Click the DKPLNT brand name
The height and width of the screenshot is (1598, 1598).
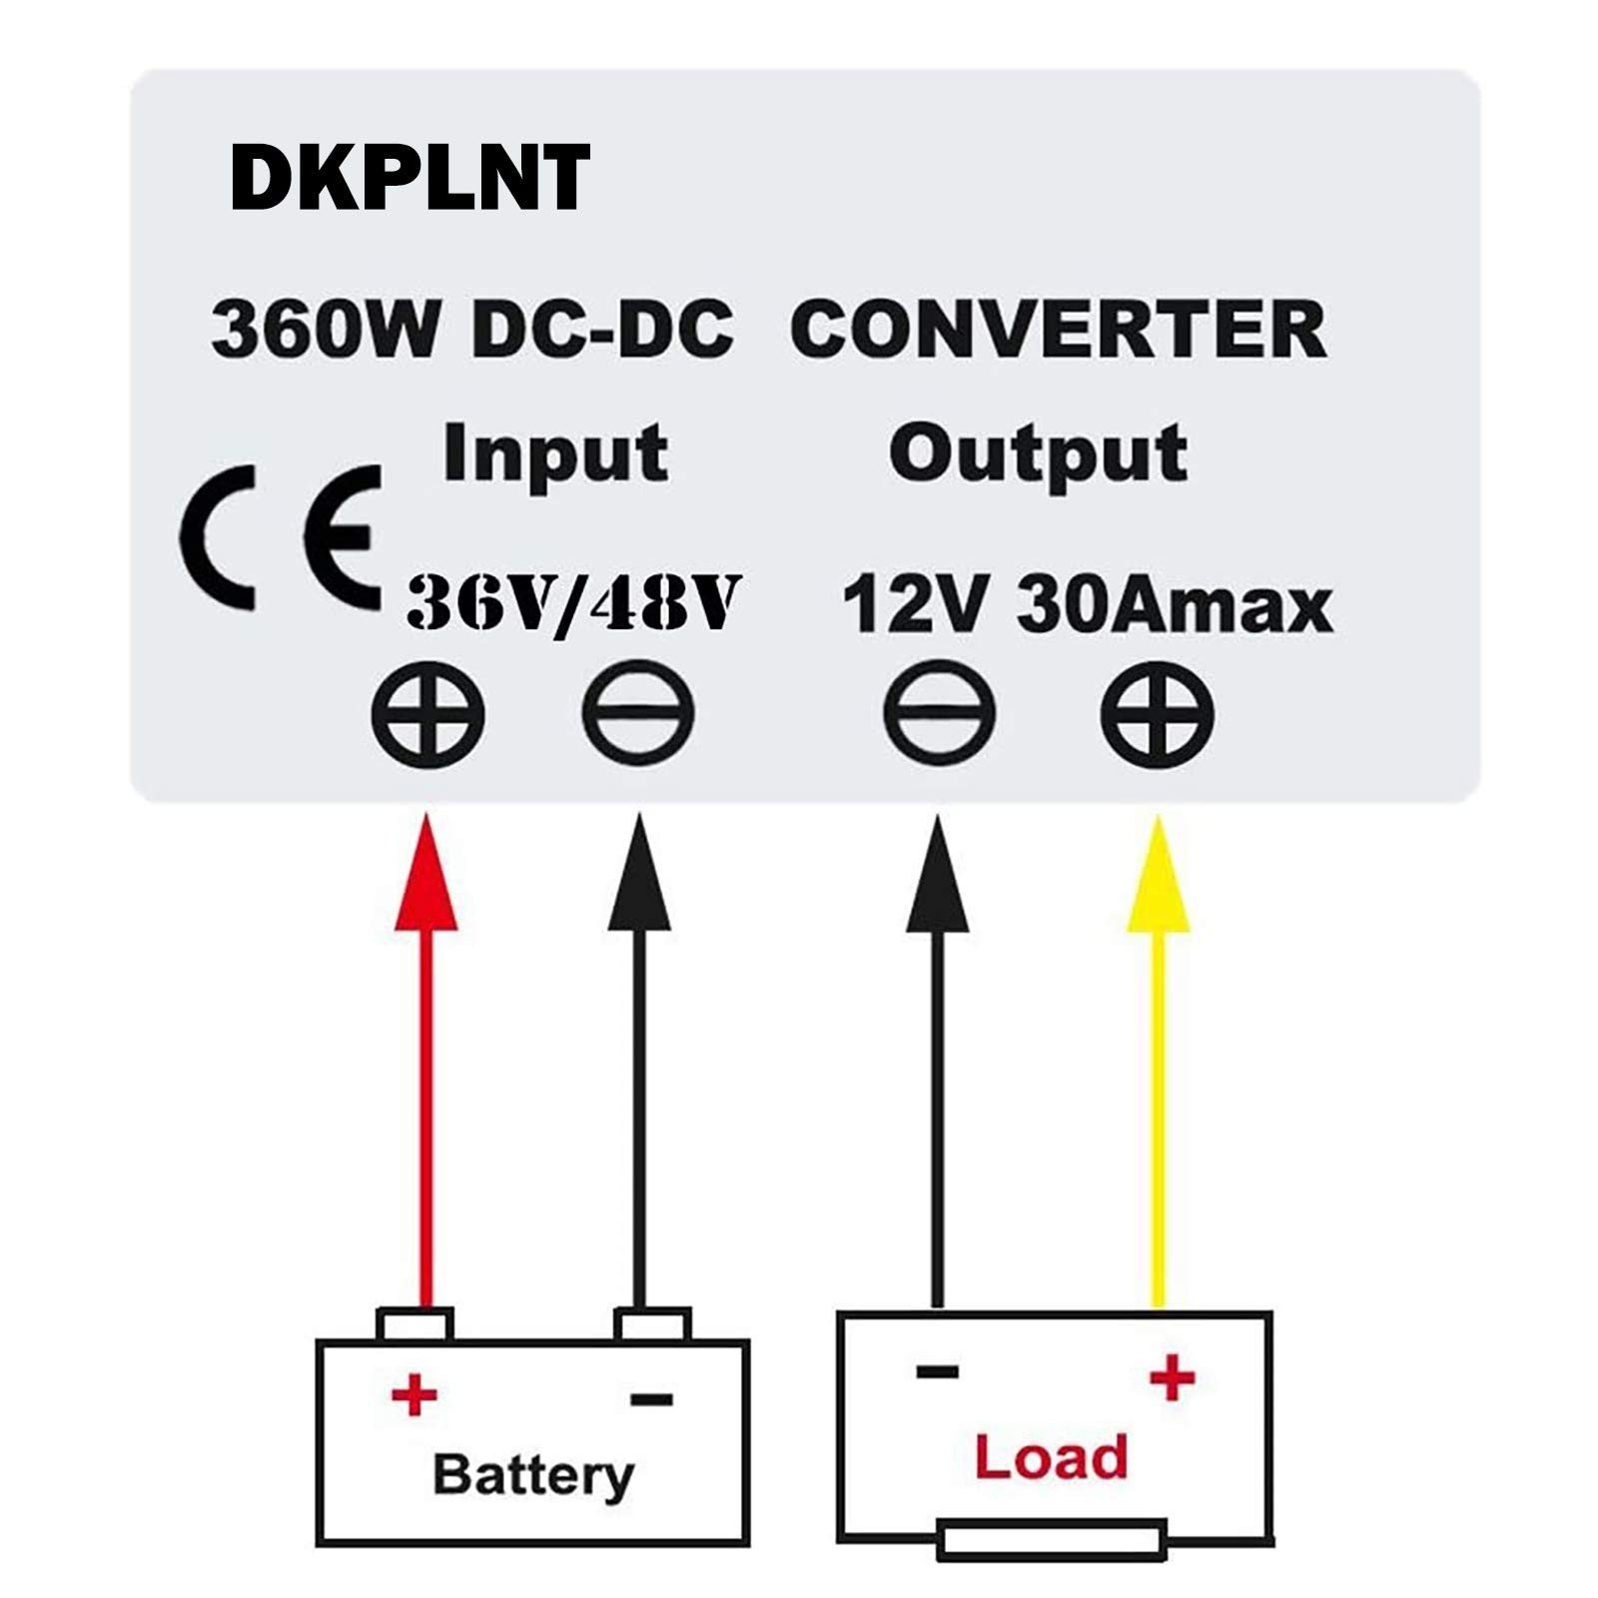tap(409, 177)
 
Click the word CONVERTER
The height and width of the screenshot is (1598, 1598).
tap(1058, 330)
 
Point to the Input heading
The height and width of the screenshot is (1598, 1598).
tap(555, 453)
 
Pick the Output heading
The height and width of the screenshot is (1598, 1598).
tap(1039, 453)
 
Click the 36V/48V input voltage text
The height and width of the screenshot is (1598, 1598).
tap(573, 603)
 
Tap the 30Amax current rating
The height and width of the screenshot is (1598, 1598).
tap(1175, 605)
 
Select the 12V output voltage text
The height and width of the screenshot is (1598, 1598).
tap(916, 605)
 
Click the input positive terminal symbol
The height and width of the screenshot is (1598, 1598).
tap(428, 715)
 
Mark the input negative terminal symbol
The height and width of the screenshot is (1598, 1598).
tap(638, 715)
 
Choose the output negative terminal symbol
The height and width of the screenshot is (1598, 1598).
tap(939, 715)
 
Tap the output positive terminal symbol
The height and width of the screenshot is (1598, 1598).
tap(1158, 715)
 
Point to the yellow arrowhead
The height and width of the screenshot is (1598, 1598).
tap(1159, 877)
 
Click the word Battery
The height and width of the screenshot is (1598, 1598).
tap(533, 1475)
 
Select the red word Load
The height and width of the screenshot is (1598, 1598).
tap(1051, 1457)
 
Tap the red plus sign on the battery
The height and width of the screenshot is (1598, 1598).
tap(413, 1394)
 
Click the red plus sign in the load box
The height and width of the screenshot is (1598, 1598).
tap(1172, 1378)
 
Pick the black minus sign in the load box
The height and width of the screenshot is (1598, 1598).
tap(937, 1371)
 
